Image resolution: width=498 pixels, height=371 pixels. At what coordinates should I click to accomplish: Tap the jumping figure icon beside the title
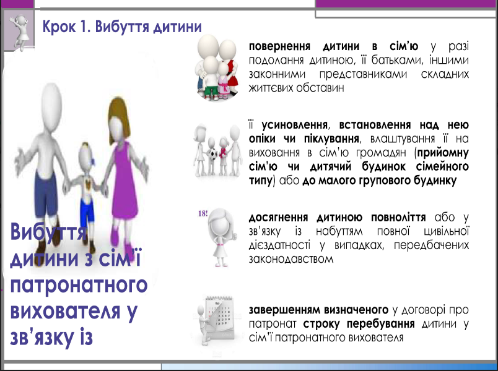(20, 31)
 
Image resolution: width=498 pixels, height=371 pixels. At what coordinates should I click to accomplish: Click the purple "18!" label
(203, 213)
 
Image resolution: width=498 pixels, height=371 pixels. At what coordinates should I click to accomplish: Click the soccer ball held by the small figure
(213, 154)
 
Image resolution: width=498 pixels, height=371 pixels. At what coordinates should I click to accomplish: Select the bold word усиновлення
(294, 125)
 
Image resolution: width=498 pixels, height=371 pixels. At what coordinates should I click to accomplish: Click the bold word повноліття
(398, 218)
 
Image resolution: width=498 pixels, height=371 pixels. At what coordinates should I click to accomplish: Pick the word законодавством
(291, 259)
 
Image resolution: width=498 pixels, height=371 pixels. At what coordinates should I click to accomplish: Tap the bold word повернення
(279, 46)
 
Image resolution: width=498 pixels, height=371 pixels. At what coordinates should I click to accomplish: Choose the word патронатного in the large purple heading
(79, 285)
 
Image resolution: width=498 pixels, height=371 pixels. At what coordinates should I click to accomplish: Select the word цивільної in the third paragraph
(446, 231)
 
